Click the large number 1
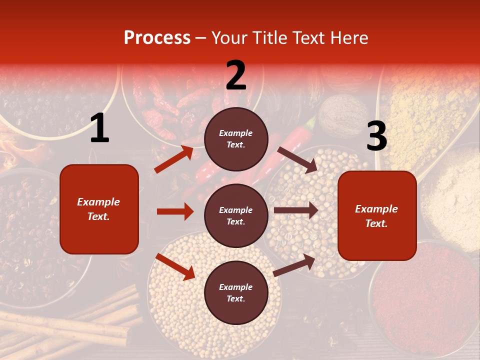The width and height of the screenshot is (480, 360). tap(99, 128)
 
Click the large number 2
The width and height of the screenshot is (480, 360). tap(236, 76)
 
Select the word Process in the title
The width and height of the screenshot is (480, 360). tap(157, 37)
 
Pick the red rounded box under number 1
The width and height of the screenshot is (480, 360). tap(99, 209)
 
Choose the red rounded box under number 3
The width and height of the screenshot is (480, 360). tap(377, 215)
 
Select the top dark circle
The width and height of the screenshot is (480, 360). tap(236, 139)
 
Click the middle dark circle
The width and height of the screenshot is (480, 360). tap(236, 215)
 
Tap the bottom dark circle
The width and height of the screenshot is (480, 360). tap(236, 292)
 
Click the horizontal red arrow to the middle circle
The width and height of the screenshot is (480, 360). tap(175, 211)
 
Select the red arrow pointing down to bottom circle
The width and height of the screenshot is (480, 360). tap(175, 266)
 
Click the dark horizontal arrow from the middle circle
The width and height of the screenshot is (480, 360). tap(296, 211)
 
